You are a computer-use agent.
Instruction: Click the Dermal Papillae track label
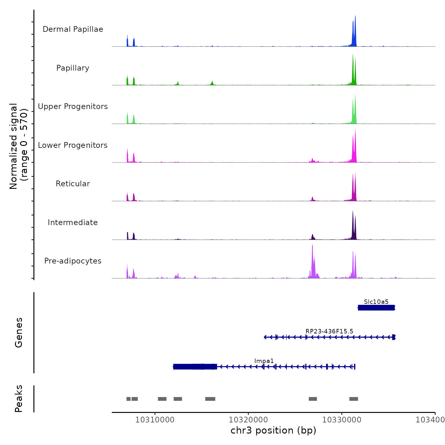(x=73, y=29)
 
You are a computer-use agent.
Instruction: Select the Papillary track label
(x=73, y=68)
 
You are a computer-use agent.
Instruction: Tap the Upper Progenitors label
(x=73, y=106)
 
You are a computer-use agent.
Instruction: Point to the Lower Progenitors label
(x=73, y=145)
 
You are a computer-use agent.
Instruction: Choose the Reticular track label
(x=73, y=184)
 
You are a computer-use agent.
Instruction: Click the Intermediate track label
(x=73, y=222)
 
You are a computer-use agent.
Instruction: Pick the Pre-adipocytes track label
(x=73, y=261)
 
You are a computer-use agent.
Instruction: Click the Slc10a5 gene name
(x=376, y=302)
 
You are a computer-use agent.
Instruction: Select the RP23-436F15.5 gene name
(x=329, y=331)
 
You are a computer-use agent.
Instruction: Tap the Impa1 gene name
(x=264, y=361)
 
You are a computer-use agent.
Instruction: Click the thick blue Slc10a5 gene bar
(x=376, y=308)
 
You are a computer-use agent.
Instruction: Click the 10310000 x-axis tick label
(x=155, y=420)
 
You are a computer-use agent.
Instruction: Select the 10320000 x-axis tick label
(x=248, y=420)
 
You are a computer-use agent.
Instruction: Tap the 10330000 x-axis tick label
(x=342, y=420)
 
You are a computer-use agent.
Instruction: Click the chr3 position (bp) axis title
(x=273, y=430)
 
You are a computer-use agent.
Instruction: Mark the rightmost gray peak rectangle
(x=353, y=399)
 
